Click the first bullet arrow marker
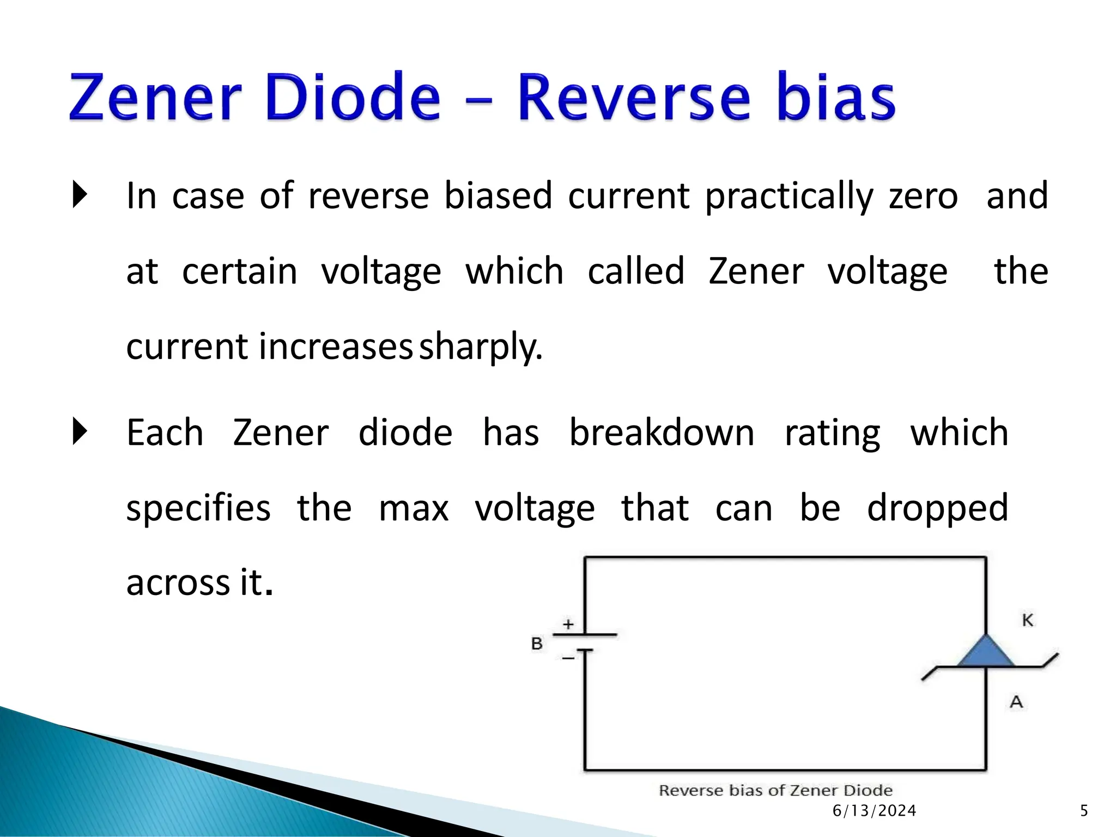click(80, 195)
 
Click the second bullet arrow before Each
click(80, 432)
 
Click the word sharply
click(481, 347)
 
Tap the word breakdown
click(662, 433)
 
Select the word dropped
click(937, 508)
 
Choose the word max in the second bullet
click(414, 508)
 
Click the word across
click(178, 583)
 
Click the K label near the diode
click(1028, 620)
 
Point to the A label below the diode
click(1016, 702)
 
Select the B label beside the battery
click(537, 644)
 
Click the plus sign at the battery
click(568, 624)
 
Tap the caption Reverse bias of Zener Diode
click(775, 791)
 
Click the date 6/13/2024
click(874, 811)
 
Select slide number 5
click(1084, 811)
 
